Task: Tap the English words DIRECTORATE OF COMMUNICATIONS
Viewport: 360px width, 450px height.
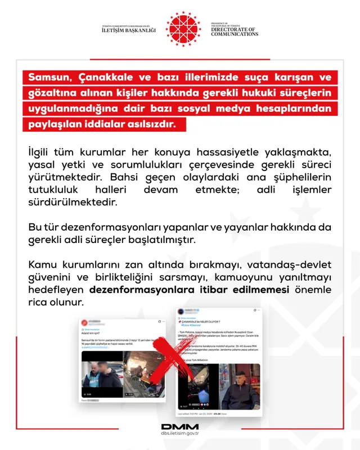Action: click(234, 31)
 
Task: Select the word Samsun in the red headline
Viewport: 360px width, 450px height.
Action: click(50, 77)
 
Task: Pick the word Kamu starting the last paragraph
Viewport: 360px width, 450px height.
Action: click(41, 265)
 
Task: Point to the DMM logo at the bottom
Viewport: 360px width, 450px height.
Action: click(179, 427)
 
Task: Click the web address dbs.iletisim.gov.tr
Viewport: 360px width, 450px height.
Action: click(179, 434)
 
